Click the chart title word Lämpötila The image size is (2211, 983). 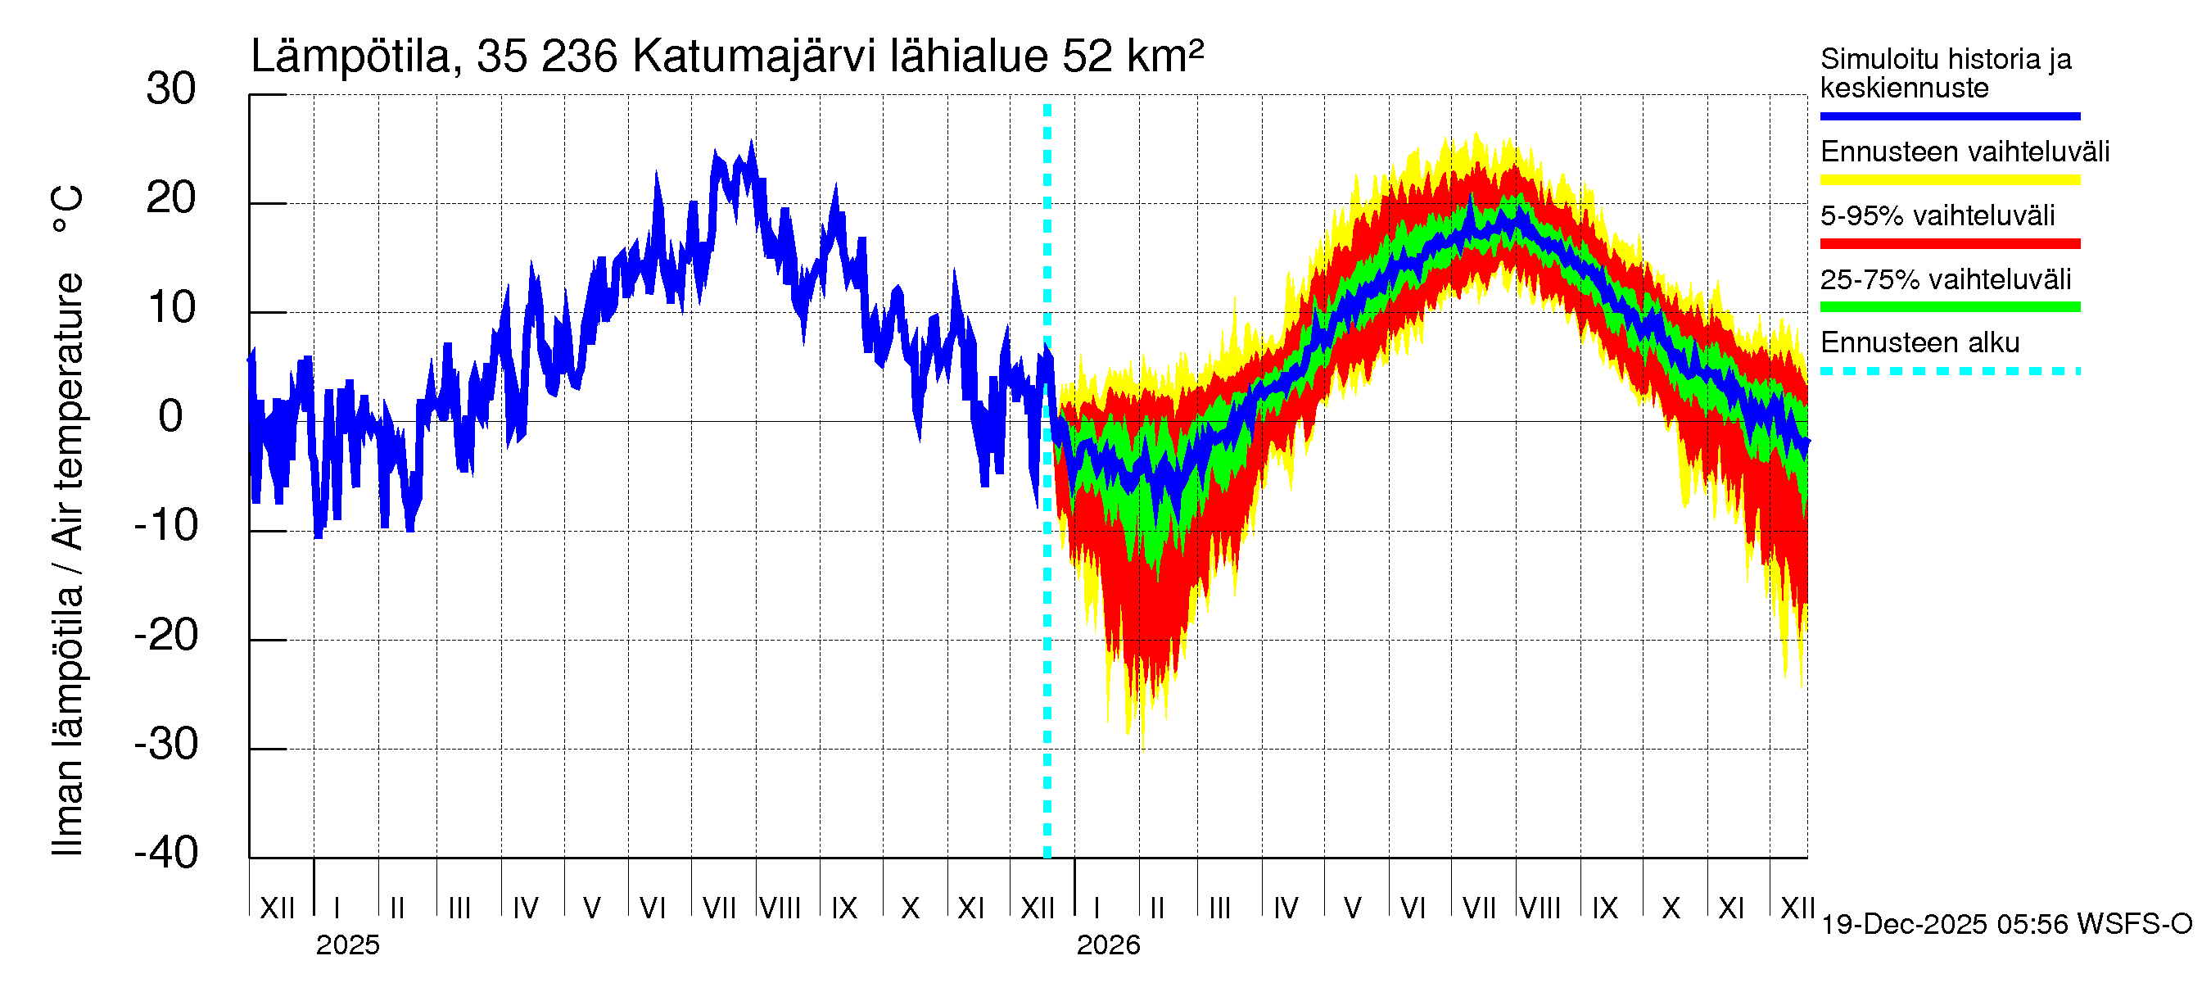click(350, 57)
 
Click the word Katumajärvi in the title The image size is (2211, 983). click(753, 57)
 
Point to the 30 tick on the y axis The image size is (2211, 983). click(171, 89)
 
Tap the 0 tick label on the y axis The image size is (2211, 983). click(171, 416)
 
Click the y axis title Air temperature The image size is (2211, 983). click(67, 412)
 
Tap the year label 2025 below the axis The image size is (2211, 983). click(347, 945)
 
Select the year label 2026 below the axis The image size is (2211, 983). click(1108, 945)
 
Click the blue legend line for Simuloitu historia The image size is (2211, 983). click(1949, 116)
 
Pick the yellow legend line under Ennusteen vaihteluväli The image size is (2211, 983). click(1949, 180)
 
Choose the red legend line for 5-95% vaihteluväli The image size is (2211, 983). click(1949, 244)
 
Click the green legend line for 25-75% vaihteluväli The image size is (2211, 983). click(1949, 307)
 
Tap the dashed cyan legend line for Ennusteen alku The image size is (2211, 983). click(1949, 372)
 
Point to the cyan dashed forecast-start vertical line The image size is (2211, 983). click(1047, 601)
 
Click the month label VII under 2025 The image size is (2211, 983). click(719, 908)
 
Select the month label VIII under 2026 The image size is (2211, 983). click(1540, 908)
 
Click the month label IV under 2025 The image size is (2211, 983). click(525, 908)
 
